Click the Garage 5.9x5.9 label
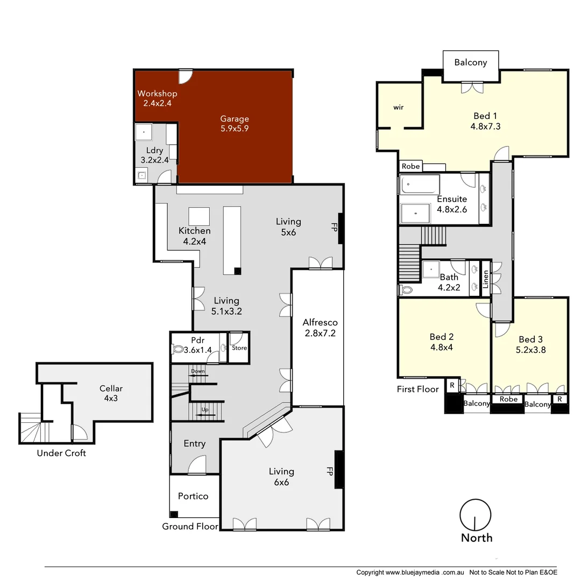tap(234, 124)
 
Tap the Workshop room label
tap(157, 98)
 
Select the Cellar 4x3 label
tap(111, 393)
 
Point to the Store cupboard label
tap(239, 348)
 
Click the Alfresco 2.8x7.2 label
tap(320, 327)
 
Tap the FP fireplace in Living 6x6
tap(339, 470)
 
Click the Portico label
tap(193, 496)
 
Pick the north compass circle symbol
tap(476, 515)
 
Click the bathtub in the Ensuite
tap(420, 185)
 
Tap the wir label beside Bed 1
tap(398, 108)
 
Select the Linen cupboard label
tap(485, 278)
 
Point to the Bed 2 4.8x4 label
tap(441, 342)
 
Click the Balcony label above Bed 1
tap(470, 62)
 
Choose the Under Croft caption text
tap(61, 453)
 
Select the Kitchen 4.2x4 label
tap(194, 236)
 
